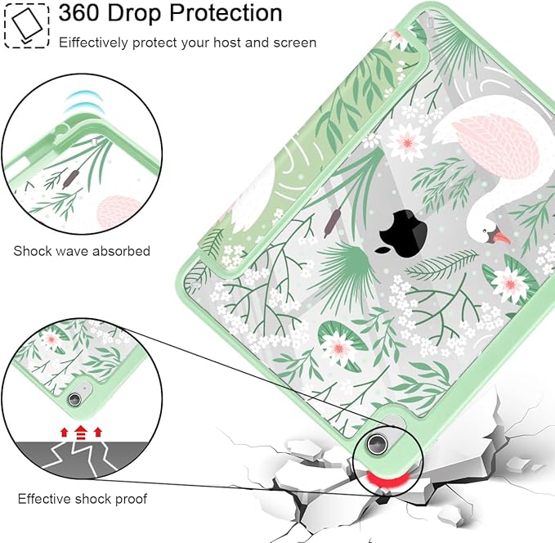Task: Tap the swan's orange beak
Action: tap(502, 237)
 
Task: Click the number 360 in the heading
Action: tap(79, 13)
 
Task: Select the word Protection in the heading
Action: tap(226, 13)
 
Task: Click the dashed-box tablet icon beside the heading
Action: tap(26, 25)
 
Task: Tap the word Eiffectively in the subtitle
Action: tap(93, 43)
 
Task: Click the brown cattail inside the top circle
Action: tap(70, 178)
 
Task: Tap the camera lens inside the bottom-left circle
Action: tap(74, 399)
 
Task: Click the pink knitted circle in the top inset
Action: tap(119, 212)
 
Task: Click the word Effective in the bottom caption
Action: tap(44, 499)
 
